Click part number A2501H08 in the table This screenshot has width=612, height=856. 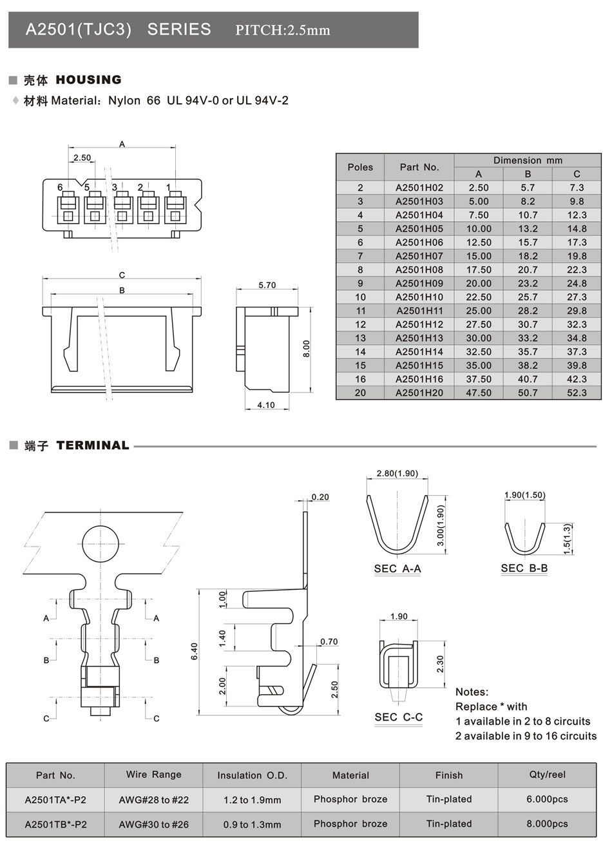419,270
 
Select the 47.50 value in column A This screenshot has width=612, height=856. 478,393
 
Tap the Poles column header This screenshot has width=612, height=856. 360,168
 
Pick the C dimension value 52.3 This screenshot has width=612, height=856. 577,393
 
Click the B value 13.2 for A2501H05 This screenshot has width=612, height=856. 528,229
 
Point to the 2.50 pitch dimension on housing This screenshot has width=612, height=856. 82,158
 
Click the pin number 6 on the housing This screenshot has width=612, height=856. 60,188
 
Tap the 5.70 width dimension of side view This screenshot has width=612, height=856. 267,285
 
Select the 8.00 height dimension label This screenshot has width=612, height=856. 307,349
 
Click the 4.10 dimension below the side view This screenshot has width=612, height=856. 265,405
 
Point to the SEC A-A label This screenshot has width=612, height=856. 397,569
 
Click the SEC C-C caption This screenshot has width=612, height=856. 399,717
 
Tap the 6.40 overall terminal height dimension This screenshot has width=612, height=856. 195,650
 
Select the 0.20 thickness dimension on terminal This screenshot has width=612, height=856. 320,497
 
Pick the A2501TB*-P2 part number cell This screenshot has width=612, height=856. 55,824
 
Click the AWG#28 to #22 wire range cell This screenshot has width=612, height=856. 154,800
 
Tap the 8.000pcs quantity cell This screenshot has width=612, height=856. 547,824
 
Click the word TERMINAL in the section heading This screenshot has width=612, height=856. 93,445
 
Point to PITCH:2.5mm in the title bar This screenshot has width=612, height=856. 283,30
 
